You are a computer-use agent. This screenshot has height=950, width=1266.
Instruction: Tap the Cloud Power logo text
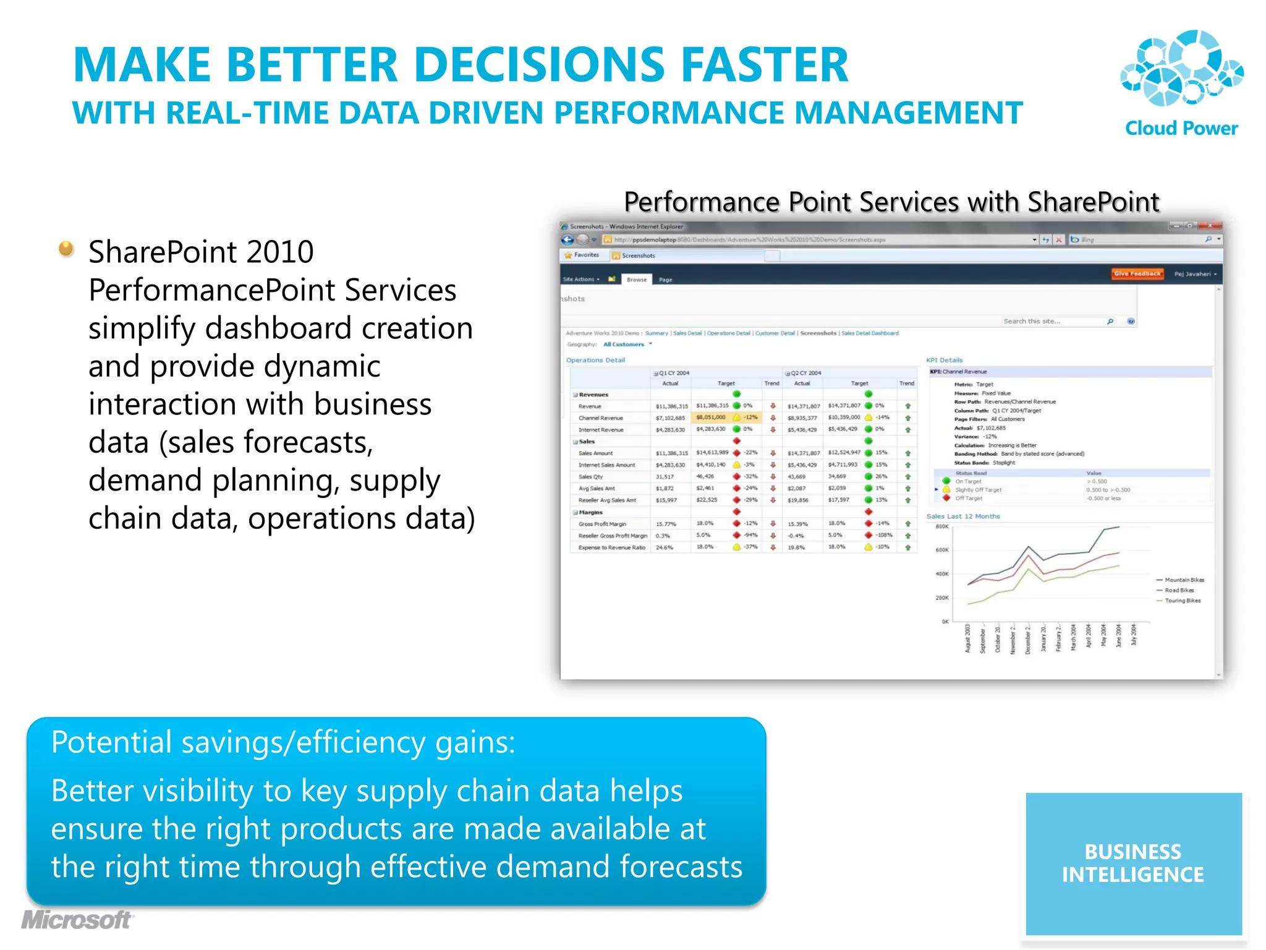pyautogui.click(x=1181, y=129)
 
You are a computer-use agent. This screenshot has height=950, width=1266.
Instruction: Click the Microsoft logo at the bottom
pyautogui.click(x=77, y=920)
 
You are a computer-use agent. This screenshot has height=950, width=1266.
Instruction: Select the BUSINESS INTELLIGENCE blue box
pyautogui.click(x=1133, y=863)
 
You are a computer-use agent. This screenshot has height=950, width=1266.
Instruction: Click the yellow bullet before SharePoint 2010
pyautogui.click(x=66, y=249)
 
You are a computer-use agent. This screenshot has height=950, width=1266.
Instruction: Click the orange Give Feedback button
pyautogui.click(x=1137, y=273)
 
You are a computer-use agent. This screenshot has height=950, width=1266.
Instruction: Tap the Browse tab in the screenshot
pyautogui.click(x=636, y=280)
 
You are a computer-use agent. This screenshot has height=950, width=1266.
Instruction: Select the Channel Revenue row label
pyautogui.click(x=600, y=418)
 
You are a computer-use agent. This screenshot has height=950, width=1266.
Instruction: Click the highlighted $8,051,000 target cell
pyautogui.click(x=711, y=417)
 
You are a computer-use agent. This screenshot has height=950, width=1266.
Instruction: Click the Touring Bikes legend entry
pyautogui.click(x=1182, y=601)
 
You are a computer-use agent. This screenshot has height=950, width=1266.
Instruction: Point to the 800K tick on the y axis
pyautogui.click(x=942, y=527)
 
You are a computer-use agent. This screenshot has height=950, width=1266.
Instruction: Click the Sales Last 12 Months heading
pyautogui.click(x=962, y=516)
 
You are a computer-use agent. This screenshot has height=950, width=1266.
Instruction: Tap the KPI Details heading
pyautogui.click(x=944, y=360)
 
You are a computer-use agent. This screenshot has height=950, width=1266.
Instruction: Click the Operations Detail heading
pyautogui.click(x=595, y=360)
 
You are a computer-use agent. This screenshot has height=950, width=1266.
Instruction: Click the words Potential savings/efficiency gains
pyautogui.click(x=283, y=742)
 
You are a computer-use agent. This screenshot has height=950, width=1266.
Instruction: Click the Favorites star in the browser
pyautogui.click(x=568, y=255)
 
